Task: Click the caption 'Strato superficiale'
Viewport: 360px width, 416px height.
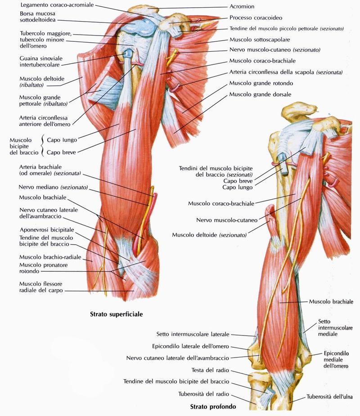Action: tap(117, 314)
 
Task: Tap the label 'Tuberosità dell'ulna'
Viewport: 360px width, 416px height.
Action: tap(330, 397)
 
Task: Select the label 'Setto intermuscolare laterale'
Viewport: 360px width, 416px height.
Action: tap(193, 335)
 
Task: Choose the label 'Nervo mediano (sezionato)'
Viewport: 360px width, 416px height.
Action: tap(53, 187)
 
